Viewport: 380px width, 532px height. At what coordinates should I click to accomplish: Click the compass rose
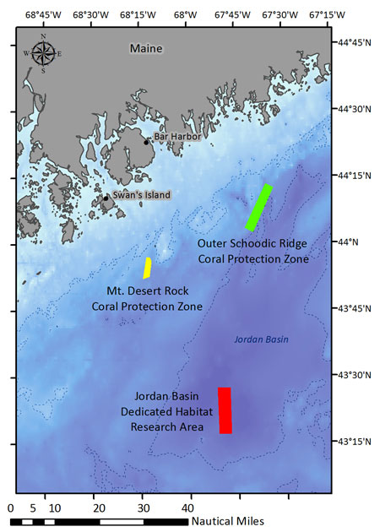coord(43,52)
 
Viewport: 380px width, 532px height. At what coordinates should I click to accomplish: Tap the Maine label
coord(145,48)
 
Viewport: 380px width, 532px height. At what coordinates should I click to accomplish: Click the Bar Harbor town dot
coord(146,141)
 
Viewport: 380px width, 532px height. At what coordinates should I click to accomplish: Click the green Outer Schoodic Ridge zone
coord(258,207)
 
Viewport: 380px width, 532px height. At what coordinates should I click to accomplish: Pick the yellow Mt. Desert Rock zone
coord(147,268)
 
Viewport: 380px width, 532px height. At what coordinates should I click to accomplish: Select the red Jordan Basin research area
coord(225,410)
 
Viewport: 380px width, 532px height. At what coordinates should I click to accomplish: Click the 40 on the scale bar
coord(189,508)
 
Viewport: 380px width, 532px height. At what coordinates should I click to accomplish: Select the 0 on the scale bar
coord(10,508)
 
